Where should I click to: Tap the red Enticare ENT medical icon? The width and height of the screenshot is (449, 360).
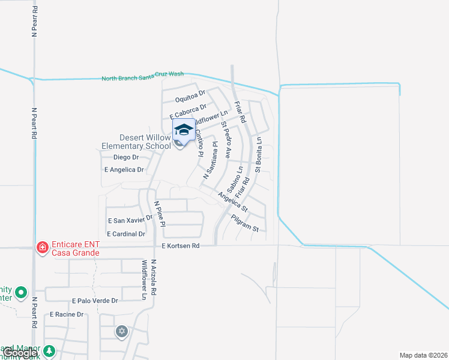click(x=42, y=247)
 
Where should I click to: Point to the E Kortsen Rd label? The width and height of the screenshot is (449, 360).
click(x=179, y=246)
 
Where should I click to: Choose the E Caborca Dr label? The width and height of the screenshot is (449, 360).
click(x=188, y=111)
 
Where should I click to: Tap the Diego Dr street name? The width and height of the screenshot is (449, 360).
click(x=126, y=157)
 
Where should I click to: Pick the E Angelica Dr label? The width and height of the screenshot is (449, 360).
click(x=124, y=170)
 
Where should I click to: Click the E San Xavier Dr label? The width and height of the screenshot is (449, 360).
click(x=129, y=220)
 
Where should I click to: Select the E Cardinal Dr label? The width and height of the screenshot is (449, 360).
click(x=125, y=233)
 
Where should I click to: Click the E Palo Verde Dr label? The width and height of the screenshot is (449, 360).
click(x=95, y=300)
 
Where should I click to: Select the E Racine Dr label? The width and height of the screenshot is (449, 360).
click(x=67, y=314)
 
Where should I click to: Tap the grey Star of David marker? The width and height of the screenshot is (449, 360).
click(x=122, y=331)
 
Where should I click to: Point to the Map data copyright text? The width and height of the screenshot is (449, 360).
click(x=424, y=355)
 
